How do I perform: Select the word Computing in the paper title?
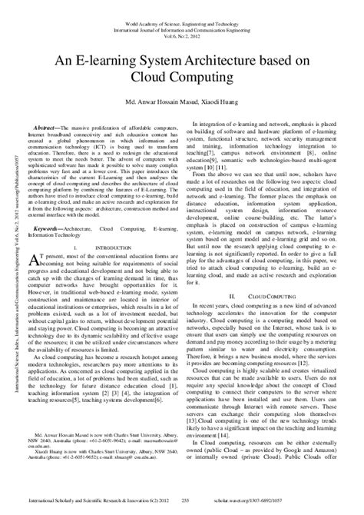(x=205, y=78)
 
